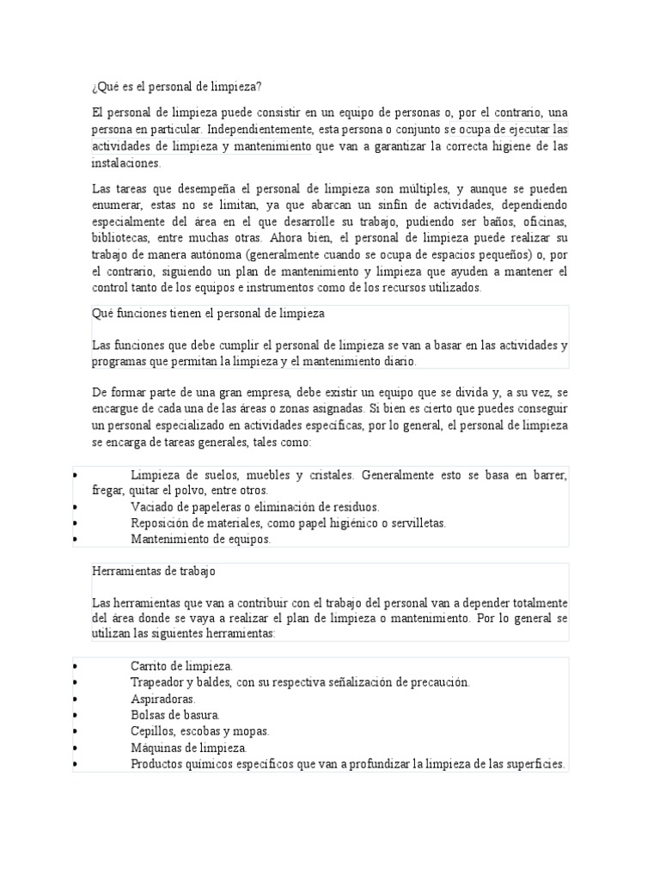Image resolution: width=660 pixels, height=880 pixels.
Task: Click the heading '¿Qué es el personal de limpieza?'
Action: tap(176, 87)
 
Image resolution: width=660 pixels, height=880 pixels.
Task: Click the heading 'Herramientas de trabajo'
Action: tap(154, 571)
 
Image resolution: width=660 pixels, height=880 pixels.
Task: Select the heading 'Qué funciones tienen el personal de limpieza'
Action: tap(208, 314)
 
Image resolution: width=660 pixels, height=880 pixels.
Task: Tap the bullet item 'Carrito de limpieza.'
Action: tap(181, 666)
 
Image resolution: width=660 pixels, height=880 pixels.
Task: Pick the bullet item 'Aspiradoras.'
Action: tap(163, 699)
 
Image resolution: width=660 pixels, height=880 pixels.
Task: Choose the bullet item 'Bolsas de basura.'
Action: tap(175, 715)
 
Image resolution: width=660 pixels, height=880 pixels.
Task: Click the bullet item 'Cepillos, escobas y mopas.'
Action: tap(199, 731)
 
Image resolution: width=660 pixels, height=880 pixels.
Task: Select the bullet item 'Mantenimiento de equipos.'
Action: tap(200, 540)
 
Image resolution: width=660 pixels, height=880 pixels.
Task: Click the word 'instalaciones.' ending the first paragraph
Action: tap(126, 162)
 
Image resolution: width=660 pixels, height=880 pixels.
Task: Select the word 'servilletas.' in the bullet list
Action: tap(416, 523)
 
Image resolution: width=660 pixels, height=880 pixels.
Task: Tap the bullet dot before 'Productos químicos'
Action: tap(76, 764)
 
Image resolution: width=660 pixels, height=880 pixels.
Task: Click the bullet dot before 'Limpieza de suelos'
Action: tap(76, 475)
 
